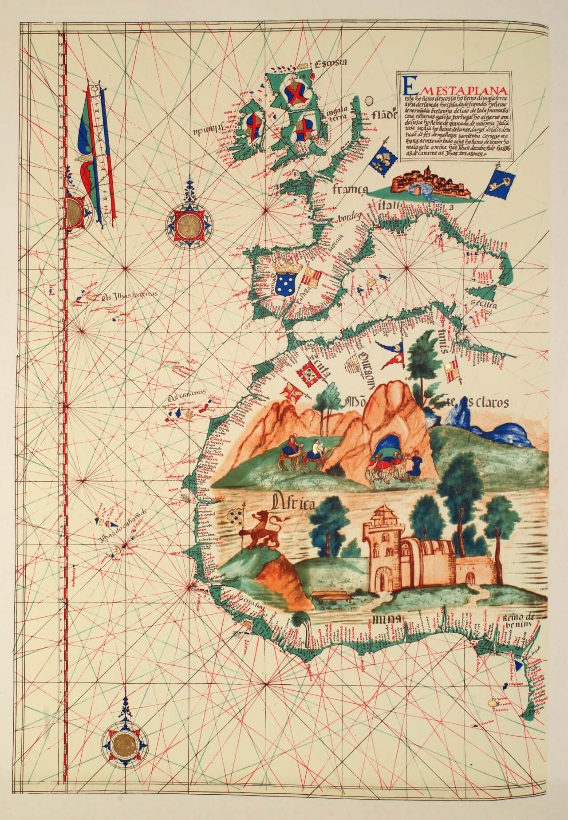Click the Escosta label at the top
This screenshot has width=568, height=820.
click(x=329, y=64)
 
